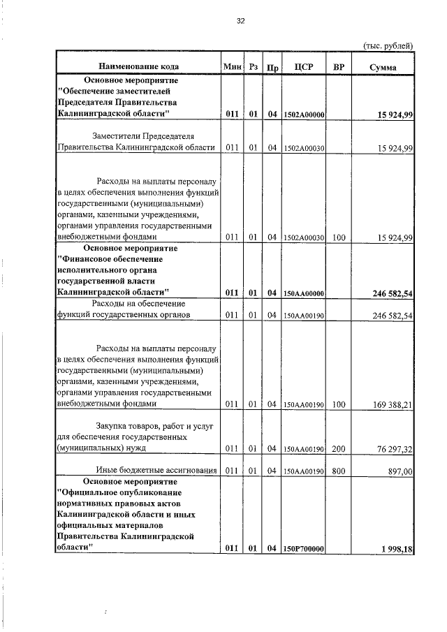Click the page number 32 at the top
241,21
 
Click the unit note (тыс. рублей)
389,45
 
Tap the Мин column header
232,67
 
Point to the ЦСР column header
303,67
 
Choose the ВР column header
339,67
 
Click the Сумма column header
383,67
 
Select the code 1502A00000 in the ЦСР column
304,115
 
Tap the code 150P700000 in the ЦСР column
304,550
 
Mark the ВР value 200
339,448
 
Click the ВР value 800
339,471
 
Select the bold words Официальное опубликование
115,492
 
